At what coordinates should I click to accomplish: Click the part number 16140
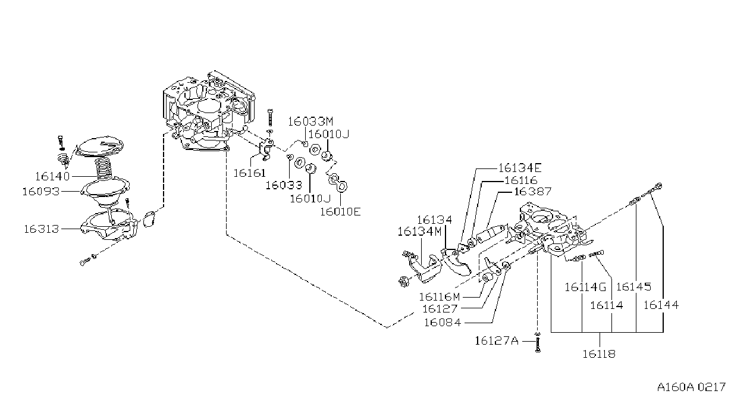(x=52, y=177)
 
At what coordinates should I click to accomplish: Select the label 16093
(x=41, y=191)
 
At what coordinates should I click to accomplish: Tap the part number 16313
(x=42, y=229)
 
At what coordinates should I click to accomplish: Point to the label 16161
(x=250, y=173)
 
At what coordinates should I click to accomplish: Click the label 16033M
(x=310, y=121)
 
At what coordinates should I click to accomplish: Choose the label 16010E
(x=340, y=211)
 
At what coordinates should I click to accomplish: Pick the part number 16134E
(x=520, y=168)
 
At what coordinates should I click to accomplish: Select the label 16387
(x=532, y=191)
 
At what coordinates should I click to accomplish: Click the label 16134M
(x=419, y=232)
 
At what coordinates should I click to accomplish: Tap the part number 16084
(x=443, y=323)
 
